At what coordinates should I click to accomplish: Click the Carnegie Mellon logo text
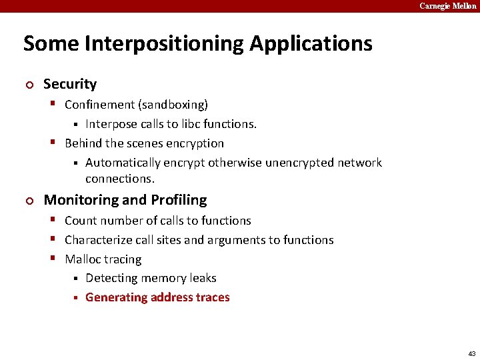pos(447,6)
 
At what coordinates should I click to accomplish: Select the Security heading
pos(70,84)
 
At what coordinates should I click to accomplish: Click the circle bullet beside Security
pos(28,85)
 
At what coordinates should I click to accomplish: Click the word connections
pos(119,179)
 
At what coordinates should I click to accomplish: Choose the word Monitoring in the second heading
pos(75,200)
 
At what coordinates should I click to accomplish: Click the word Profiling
pos(179,200)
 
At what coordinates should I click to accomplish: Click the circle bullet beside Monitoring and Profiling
pos(28,201)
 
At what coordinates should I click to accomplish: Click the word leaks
pos(201,278)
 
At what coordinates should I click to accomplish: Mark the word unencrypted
pos(299,163)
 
